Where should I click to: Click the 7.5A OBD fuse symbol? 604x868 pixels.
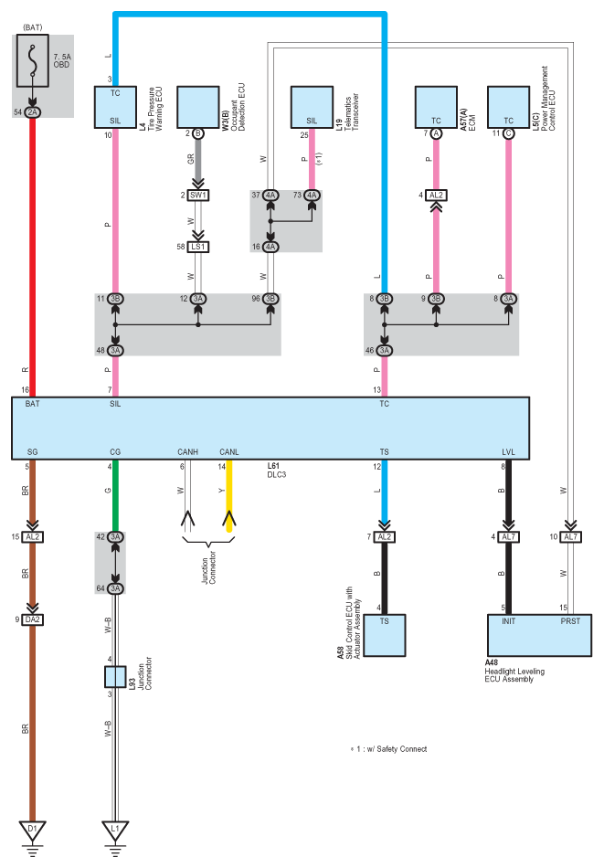click(33, 61)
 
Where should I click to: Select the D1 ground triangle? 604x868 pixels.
click(32, 831)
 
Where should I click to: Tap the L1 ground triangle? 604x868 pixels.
click(115, 831)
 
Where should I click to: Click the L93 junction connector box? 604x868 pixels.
click(115, 676)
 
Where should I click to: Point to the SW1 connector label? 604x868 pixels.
click(198, 196)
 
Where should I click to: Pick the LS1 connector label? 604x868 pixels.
click(198, 247)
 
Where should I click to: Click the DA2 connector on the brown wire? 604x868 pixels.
click(32, 619)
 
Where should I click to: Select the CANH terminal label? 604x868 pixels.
click(187, 452)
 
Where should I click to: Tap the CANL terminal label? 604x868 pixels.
click(229, 452)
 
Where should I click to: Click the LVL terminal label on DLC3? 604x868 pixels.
click(508, 452)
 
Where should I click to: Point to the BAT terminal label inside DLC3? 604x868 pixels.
click(32, 404)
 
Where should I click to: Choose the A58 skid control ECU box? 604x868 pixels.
click(384, 636)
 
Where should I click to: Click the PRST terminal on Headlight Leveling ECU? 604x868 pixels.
click(570, 621)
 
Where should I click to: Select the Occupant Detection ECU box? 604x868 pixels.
click(198, 108)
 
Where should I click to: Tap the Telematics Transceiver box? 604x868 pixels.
click(312, 108)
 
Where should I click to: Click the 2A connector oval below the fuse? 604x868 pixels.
click(33, 112)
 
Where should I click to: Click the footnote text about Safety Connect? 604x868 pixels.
click(388, 749)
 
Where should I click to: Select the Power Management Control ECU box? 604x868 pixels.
click(508, 108)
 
